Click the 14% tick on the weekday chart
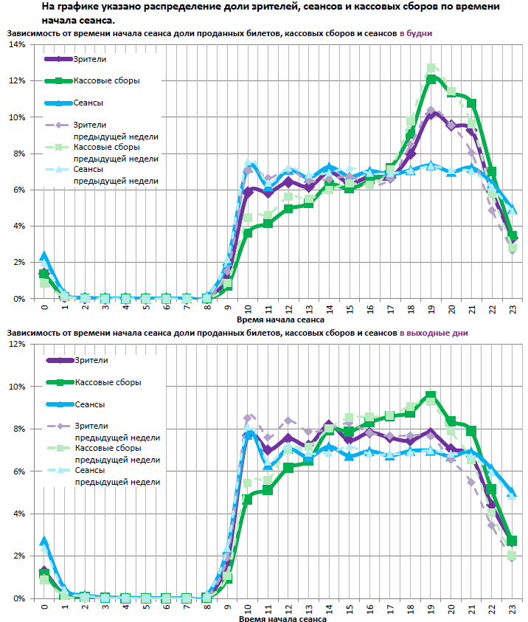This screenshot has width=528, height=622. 16,45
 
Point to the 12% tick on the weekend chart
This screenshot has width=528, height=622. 16,344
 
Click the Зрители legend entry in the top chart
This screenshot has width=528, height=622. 90,59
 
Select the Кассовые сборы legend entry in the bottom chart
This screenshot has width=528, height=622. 107,382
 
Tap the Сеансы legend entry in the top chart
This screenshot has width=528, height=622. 88,103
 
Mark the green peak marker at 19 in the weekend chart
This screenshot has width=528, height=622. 431,396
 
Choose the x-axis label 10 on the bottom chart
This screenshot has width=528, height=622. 249,609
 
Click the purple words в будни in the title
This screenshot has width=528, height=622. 416,34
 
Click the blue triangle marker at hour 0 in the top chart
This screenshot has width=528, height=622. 44,256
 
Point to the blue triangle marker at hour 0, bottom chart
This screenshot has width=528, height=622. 44,542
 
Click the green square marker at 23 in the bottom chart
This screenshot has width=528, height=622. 513,541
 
